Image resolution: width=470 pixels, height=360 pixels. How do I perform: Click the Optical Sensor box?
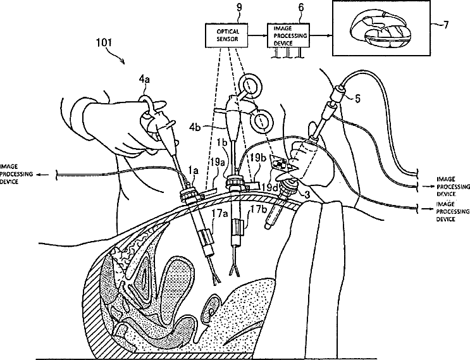tap(226, 35)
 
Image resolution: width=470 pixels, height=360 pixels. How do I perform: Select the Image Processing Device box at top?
tap(288, 35)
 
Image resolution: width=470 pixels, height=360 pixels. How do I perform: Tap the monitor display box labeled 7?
tap(381, 28)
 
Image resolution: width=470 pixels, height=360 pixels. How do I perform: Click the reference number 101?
tap(104, 42)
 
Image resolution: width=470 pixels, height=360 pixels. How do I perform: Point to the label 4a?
tap(144, 80)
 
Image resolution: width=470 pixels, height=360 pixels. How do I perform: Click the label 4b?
tap(195, 127)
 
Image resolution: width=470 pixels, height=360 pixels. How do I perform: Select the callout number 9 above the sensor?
tap(239, 8)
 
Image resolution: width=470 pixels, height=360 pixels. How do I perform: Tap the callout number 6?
tap(301, 8)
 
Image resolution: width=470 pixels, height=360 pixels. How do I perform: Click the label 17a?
tap(218, 213)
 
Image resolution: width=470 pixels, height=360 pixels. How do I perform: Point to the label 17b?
tap(257, 209)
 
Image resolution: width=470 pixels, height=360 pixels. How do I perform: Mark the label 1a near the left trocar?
tap(194, 171)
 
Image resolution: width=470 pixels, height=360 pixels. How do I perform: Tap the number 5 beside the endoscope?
tap(357, 99)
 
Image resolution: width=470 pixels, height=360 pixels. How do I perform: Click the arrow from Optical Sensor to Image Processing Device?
tap(257, 35)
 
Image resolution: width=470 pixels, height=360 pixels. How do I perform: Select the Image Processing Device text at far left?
tap(16, 174)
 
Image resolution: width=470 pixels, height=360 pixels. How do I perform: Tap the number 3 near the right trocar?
tap(307, 194)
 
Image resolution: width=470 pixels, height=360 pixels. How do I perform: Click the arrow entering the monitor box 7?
tap(321, 35)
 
